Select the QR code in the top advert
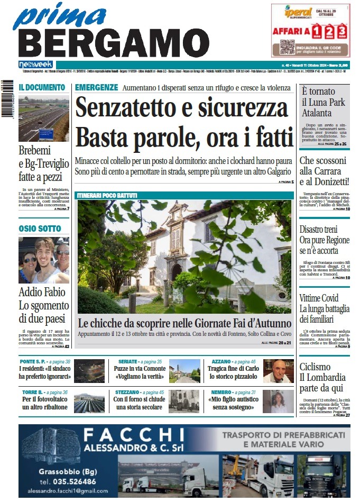[287, 47]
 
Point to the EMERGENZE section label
[96, 87]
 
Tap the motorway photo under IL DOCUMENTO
[43, 118]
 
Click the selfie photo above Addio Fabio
[43, 260]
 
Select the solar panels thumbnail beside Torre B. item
[89, 403]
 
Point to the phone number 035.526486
[67, 481]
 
